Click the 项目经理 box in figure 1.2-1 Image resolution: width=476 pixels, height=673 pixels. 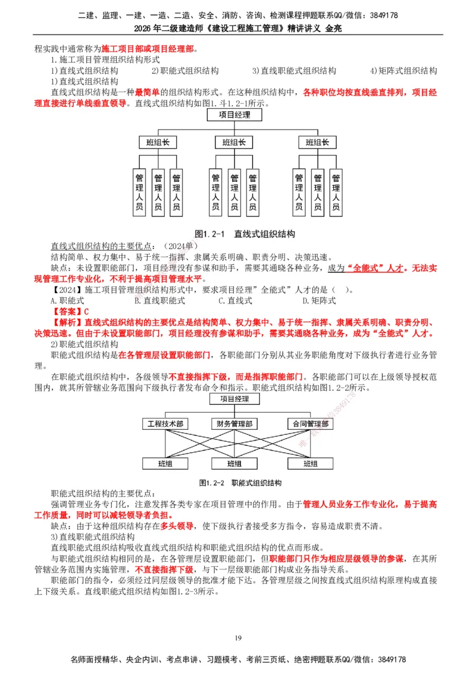(x=234, y=115)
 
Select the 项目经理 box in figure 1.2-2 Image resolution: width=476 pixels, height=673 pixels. (x=234, y=399)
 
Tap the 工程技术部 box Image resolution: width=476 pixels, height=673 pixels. (x=165, y=424)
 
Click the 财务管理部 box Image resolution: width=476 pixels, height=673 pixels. (x=234, y=424)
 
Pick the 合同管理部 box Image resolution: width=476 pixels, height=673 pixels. (x=309, y=424)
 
